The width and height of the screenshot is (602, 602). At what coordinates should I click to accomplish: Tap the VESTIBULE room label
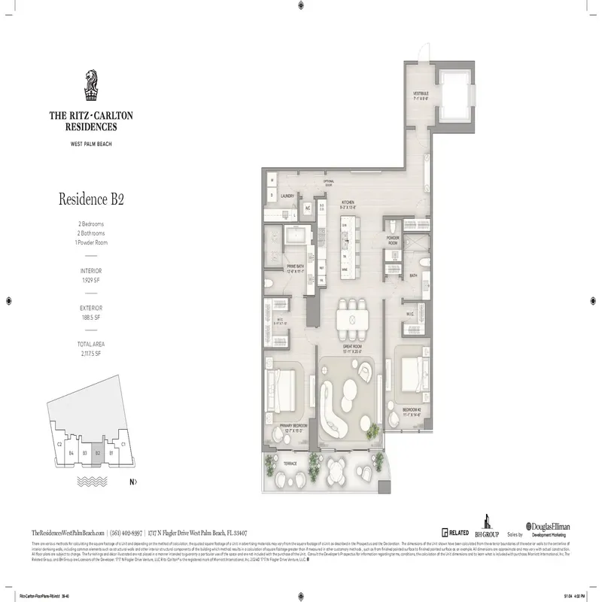[420, 96]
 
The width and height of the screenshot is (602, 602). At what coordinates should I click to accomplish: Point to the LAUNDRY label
[287, 196]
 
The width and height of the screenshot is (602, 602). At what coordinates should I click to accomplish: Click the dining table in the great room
[353, 320]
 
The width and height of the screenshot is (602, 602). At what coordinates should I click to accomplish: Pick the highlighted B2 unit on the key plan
[98, 453]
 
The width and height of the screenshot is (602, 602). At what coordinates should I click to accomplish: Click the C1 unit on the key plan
[122, 445]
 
